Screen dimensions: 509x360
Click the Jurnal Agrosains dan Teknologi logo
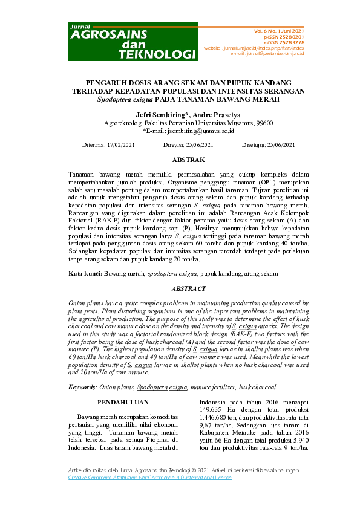[133, 42]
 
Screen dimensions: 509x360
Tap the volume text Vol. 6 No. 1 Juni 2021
[279, 30]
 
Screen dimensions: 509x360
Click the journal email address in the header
[282, 53]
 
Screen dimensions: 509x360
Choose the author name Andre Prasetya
[209, 114]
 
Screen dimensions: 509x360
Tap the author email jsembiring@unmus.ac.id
[192, 130]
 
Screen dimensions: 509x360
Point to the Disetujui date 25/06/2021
[283, 145]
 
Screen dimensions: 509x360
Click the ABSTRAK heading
[188, 160]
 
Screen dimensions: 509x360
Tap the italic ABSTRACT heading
[188, 289]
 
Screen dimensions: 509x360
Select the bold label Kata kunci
[85, 274]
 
